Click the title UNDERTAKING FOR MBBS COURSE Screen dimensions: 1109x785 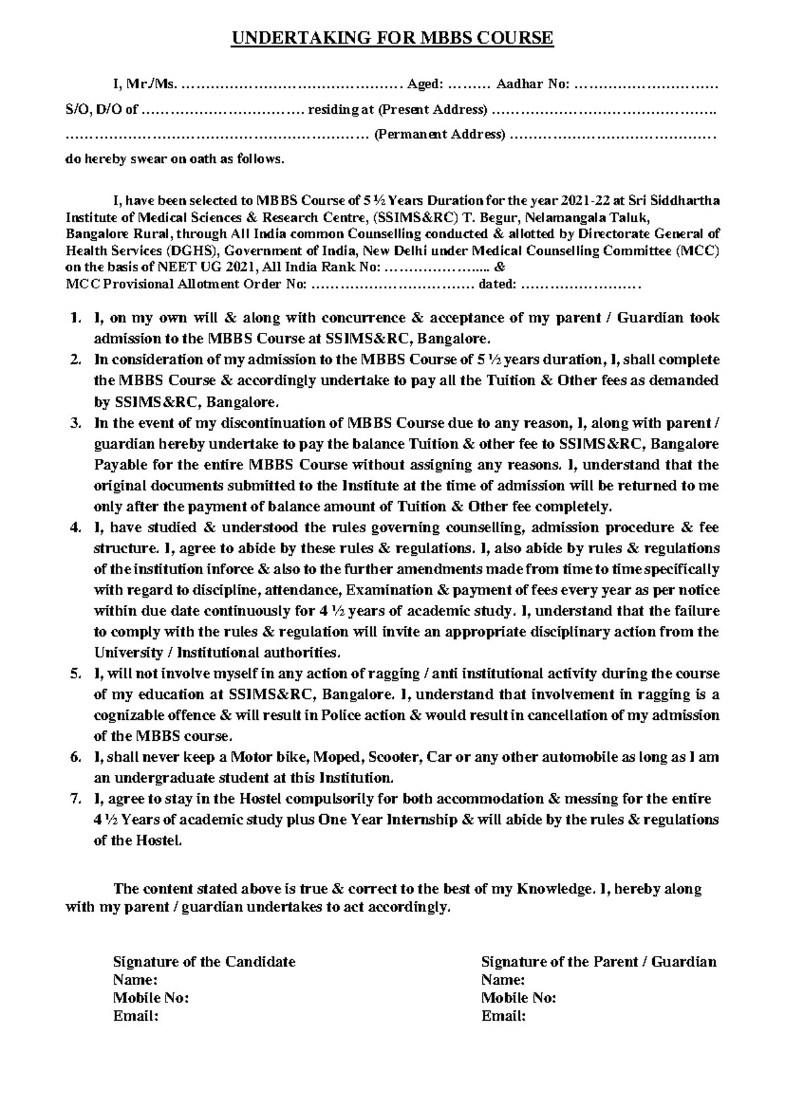(x=392, y=38)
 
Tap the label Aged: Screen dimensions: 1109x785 (x=425, y=84)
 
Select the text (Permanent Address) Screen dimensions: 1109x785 (x=440, y=135)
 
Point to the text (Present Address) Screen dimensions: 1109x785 (x=434, y=110)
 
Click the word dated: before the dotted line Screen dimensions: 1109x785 (x=498, y=284)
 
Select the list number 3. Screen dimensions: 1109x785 (x=75, y=423)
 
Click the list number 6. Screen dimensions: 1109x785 (x=75, y=757)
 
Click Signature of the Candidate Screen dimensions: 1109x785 (x=204, y=962)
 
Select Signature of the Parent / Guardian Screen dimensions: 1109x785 (x=599, y=962)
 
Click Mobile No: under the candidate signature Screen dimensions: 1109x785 (x=151, y=998)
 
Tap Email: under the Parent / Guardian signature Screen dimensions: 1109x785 (x=504, y=1016)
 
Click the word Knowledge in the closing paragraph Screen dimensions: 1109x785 (x=555, y=889)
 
